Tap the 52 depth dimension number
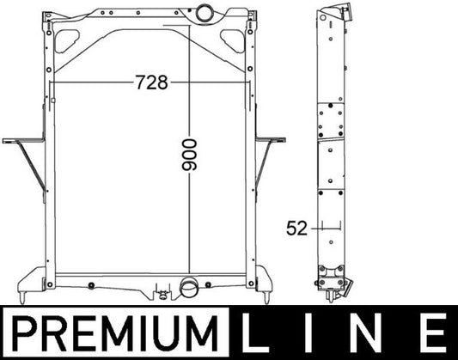[x=296, y=229]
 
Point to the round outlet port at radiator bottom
[x=190, y=288]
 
